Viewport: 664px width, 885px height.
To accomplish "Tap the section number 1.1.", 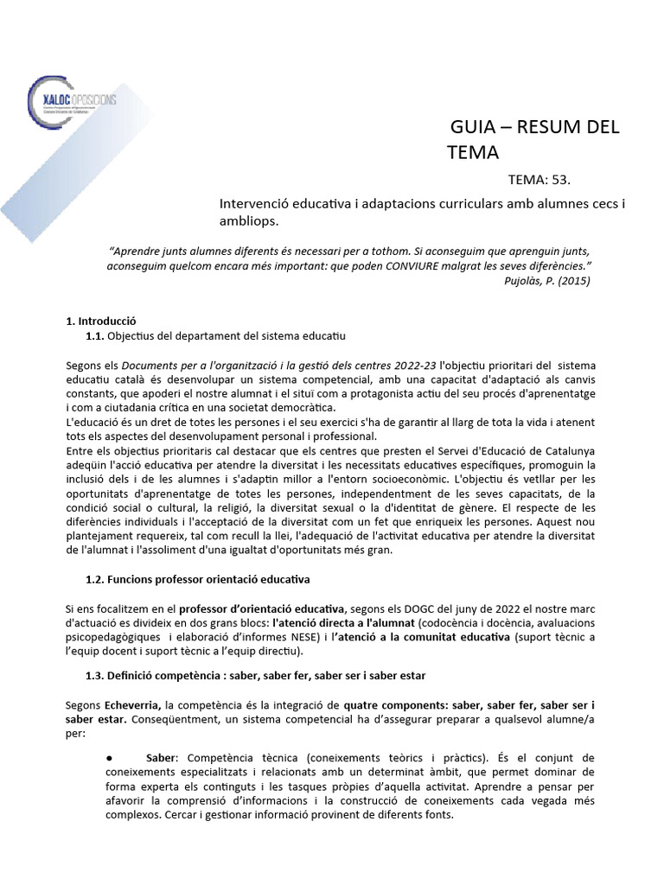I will [96, 335].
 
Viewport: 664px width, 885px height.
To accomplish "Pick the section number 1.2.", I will [96, 578].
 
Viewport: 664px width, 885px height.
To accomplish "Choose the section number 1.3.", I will [96, 674].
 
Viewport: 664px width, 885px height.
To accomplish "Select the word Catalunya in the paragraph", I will [568, 450].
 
